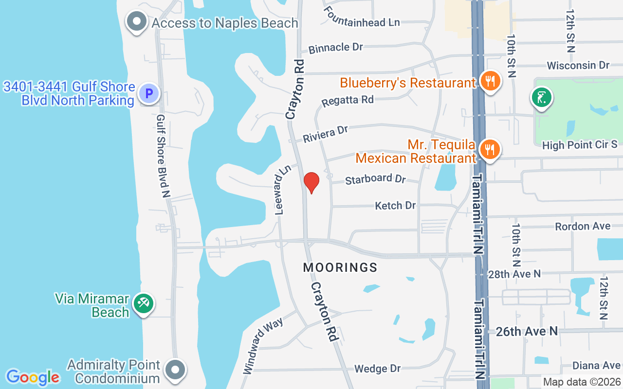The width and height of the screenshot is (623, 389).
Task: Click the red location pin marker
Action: tap(311, 182)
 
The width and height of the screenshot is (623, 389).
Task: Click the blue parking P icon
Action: tap(148, 93)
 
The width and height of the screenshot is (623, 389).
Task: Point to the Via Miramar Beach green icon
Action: tap(143, 304)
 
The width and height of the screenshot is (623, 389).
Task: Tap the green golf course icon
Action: tap(541, 98)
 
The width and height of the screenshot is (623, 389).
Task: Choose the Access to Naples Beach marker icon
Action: tap(137, 22)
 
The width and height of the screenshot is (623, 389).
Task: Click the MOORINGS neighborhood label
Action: tap(340, 267)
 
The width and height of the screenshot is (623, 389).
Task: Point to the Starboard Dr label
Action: tap(375, 179)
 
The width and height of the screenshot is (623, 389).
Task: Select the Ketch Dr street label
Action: tap(395, 206)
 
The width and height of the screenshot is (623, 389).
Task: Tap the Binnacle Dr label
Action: tap(336, 48)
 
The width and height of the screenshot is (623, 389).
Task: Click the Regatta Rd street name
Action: tap(348, 101)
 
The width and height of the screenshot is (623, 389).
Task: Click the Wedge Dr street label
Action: tap(378, 369)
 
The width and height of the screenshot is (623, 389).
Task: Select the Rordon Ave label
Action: tap(583, 227)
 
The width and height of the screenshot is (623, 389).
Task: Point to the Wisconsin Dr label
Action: tap(578, 65)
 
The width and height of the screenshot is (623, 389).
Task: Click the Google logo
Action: tap(33, 377)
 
